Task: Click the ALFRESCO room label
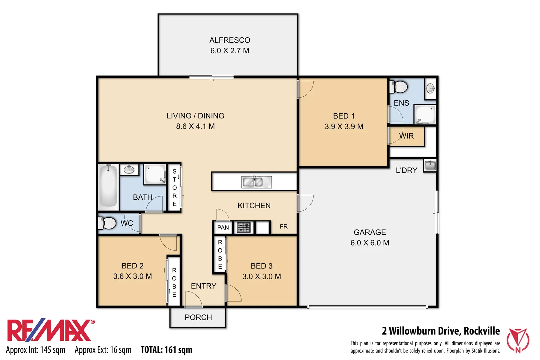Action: [230, 40]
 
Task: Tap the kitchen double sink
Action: [256, 182]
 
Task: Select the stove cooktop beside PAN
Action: [244, 227]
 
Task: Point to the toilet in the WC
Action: [107, 223]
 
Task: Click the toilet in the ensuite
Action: [399, 87]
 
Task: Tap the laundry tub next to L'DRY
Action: [430, 165]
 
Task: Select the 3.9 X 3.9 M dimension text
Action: [344, 127]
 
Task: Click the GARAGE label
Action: [370, 232]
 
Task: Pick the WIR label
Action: [406, 136]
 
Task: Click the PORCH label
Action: [198, 317]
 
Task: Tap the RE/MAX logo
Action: [50, 331]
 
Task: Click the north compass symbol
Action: [518, 340]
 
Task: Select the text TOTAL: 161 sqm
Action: [166, 350]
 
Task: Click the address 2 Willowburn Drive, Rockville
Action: [441, 331]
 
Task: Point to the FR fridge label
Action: [284, 227]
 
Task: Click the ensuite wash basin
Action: [431, 88]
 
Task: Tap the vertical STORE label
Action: [174, 187]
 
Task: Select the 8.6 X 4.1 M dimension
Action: [195, 126]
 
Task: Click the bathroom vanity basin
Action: [129, 170]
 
